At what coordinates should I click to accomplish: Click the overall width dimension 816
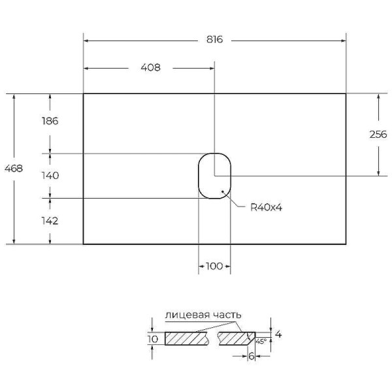(215, 40)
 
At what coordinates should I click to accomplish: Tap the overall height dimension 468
(14, 169)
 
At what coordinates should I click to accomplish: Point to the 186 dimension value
(50, 121)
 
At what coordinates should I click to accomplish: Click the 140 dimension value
(50, 176)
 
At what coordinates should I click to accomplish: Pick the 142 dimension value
(50, 221)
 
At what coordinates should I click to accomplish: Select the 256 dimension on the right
(379, 135)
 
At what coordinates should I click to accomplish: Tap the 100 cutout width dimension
(214, 266)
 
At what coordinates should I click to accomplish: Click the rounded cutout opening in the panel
(214, 176)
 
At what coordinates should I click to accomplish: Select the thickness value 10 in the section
(152, 338)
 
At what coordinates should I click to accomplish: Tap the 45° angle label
(261, 340)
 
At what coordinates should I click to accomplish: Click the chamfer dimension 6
(251, 355)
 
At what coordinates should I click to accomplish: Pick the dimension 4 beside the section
(278, 335)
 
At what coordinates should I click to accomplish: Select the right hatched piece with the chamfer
(235, 338)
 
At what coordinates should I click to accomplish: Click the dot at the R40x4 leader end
(223, 192)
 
